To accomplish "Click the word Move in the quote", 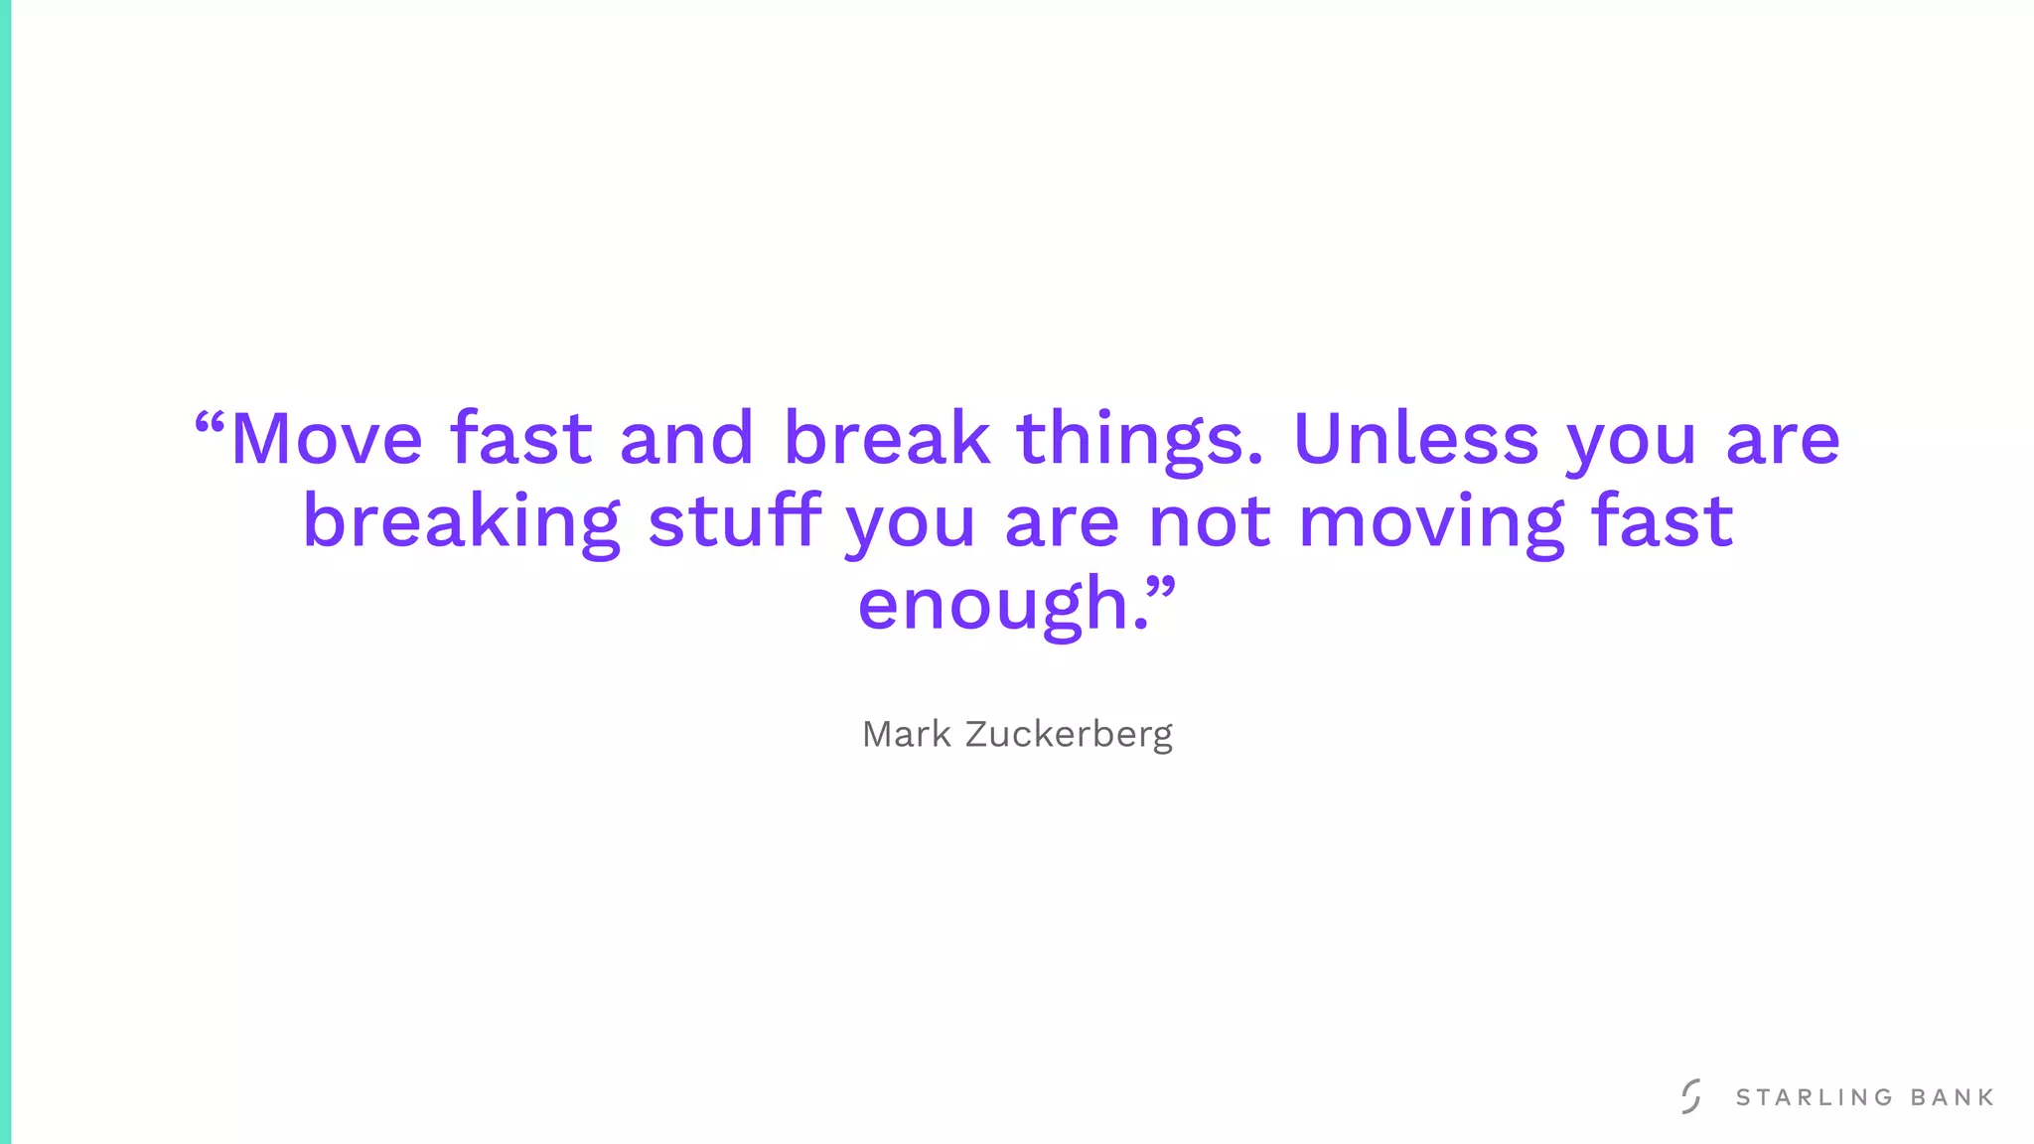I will (x=327, y=438).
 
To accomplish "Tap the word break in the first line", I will (x=887, y=438).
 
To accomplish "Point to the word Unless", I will (x=1415, y=438).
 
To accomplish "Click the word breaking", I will (x=461, y=522).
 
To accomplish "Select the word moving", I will (x=1431, y=522).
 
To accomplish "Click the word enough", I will (x=993, y=605).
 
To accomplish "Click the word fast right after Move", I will (x=521, y=438).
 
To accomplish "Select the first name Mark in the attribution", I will (x=906, y=735).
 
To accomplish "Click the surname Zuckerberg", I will (x=1069, y=736).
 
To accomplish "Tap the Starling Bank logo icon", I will (x=1691, y=1096).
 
